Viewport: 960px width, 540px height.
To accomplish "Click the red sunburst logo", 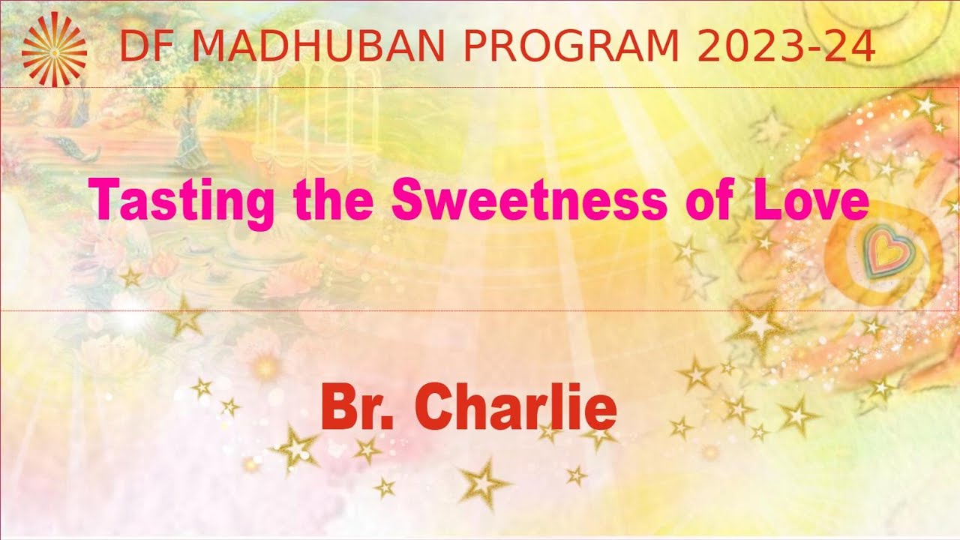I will [54, 47].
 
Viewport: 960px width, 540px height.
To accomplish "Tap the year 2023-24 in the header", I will [785, 47].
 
